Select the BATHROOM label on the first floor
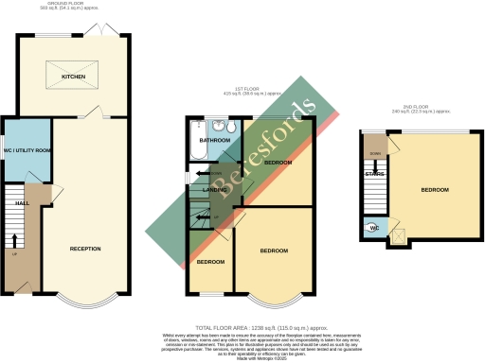(x=215, y=141)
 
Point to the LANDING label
(x=217, y=190)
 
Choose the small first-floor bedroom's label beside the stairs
(x=210, y=261)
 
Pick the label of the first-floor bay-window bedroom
(x=275, y=250)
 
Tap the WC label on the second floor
(x=373, y=228)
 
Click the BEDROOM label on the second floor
(x=435, y=190)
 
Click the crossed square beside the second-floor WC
(x=398, y=235)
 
